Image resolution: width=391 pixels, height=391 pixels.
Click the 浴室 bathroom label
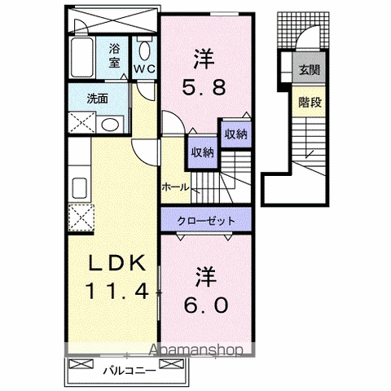(114, 56)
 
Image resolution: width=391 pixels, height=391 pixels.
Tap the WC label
(144, 68)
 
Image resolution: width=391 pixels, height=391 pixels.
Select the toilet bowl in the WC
(144, 51)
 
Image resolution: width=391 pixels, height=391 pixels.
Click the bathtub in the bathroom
(82, 58)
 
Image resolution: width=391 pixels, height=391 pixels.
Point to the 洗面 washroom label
(98, 99)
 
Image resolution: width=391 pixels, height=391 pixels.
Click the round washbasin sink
(110, 125)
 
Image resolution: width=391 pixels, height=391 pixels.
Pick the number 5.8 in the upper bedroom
(204, 87)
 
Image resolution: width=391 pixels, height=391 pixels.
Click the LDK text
(116, 263)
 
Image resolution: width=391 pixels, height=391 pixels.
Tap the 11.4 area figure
(117, 291)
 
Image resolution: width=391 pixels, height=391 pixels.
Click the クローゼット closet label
(206, 221)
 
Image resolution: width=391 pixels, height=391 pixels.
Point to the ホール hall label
(175, 187)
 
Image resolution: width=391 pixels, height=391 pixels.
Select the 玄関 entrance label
(310, 70)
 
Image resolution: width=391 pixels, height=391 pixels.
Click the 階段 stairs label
(310, 103)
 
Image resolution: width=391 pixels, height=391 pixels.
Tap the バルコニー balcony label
(130, 371)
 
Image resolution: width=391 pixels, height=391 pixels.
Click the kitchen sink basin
(80, 188)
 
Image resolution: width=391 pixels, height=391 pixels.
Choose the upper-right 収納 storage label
(236, 134)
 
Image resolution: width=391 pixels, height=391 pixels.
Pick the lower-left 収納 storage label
(203, 153)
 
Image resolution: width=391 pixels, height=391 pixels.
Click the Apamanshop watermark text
(196, 350)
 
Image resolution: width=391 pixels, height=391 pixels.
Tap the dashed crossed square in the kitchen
(81, 217)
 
